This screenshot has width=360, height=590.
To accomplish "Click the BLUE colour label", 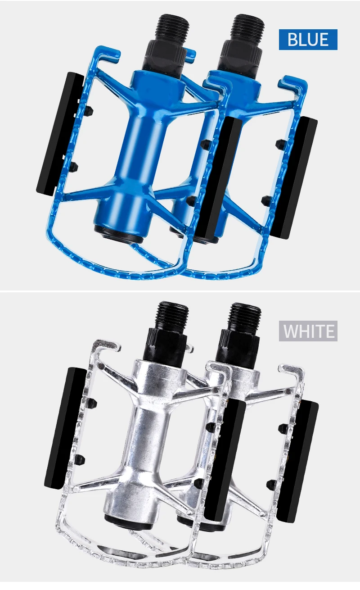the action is click(x=308, y=40).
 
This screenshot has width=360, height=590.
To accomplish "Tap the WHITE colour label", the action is click(x=308, y=331).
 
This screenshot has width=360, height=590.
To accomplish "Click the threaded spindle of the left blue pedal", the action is click(x=172, y=28).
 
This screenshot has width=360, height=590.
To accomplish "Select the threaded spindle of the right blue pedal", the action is click(x=248, y=28).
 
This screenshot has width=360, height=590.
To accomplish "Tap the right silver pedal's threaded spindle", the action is click(x=245, y=316).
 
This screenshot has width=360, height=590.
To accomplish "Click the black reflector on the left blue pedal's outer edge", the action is click(x=59, y=134).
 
